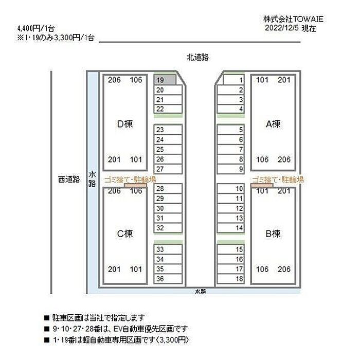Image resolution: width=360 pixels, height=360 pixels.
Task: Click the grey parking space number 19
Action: [165, 80]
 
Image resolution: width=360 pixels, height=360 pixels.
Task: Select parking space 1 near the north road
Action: [233, 80]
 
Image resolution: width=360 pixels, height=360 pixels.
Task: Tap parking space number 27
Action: [168, 169]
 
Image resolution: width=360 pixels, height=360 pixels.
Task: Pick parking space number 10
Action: [230, 189]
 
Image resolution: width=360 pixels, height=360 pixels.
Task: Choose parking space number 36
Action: [168, 279]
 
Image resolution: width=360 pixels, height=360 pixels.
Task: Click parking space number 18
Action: [230, 279]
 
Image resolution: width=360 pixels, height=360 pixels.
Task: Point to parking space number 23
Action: [168, 130]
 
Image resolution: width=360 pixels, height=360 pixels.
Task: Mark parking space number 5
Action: [230, 130]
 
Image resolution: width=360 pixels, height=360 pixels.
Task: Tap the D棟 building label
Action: [125, 124]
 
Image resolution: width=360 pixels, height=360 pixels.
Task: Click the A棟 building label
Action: [273, 124]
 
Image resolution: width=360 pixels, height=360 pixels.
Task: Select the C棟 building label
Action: [125, 233]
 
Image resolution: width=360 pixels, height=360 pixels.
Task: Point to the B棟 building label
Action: [273, 233]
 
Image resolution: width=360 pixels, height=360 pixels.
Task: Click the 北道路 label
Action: [197, 57]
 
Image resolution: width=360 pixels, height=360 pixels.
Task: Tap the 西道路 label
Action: [69, 179]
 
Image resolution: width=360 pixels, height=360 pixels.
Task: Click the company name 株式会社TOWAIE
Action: [293, 19]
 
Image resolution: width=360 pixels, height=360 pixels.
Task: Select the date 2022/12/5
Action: [282, 28]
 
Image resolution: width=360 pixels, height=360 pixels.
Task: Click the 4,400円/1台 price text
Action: [36, 29]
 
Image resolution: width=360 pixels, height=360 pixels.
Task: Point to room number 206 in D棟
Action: [114, 80]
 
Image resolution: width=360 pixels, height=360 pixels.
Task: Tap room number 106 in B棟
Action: [262, 269]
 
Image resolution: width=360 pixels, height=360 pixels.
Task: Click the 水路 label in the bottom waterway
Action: [201, 292]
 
